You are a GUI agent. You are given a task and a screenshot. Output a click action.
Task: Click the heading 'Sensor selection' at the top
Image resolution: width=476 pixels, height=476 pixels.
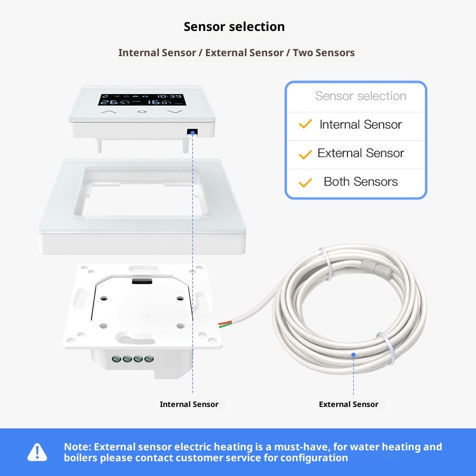coord(234,27)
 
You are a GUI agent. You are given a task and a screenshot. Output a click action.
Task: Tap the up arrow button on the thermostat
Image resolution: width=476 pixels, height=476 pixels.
coord(109,112)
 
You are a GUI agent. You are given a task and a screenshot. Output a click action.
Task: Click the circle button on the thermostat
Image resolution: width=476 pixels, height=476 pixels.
coord(142,112)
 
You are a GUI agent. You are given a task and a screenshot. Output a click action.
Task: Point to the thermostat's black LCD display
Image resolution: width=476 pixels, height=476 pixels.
coord(140,99)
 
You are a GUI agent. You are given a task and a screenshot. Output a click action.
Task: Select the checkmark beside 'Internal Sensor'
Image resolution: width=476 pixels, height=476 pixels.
coord(305,125)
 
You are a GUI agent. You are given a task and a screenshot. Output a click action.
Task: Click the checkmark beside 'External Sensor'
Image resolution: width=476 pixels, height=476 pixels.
coord(305,154)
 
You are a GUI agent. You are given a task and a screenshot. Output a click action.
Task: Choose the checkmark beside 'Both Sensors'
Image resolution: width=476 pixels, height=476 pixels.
coord(305,182)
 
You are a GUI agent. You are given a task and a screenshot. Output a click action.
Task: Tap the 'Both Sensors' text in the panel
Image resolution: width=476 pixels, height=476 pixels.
coord(360,181)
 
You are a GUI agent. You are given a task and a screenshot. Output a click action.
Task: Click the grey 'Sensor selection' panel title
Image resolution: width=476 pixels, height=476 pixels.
coord(360,96)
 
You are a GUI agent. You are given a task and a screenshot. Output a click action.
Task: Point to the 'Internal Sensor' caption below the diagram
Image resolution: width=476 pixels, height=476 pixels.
coord(189,404)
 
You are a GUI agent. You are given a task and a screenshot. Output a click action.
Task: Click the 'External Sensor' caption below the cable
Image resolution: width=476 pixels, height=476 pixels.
coord(348,404)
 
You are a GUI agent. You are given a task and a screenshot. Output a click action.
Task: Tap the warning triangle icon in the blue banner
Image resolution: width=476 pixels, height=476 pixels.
coord(37,452)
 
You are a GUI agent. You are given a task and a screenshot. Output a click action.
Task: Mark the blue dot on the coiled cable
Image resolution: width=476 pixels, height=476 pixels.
coord(353,354)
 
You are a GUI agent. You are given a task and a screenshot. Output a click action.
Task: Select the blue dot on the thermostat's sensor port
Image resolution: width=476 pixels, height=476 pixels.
coord(193,134)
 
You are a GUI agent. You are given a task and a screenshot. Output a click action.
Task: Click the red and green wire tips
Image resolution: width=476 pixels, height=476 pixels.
coord(222,325)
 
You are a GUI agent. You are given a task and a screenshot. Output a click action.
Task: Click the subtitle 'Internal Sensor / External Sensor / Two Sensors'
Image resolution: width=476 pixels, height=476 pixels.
coord(237,53)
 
